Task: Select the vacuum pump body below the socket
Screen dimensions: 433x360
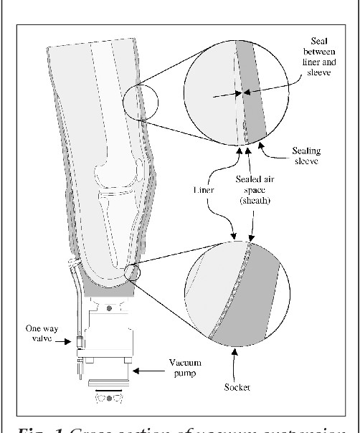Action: coord(107,337)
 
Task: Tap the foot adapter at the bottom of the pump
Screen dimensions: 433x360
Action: coord(108,395)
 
